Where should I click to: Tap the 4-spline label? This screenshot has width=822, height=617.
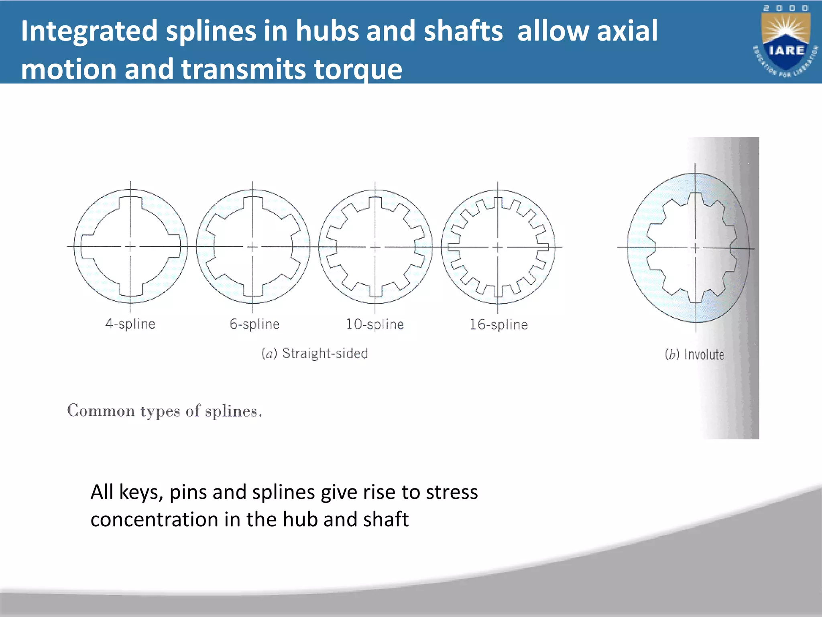130,324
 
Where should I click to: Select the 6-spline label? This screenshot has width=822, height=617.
254,324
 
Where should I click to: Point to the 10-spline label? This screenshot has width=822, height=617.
375,324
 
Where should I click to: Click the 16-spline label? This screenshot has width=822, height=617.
498,325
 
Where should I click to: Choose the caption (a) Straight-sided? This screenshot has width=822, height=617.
315,353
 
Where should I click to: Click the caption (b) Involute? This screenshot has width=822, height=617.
695,354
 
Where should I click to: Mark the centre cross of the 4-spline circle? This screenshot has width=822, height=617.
130,246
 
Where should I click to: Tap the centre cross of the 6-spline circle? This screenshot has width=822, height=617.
252,247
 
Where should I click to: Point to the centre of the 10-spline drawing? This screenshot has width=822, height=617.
375,247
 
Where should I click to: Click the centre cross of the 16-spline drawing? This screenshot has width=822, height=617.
498,247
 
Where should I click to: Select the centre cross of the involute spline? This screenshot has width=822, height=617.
696,248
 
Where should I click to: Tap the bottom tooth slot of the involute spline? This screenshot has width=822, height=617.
696,297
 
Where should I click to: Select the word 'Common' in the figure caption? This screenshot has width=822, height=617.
101,411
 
